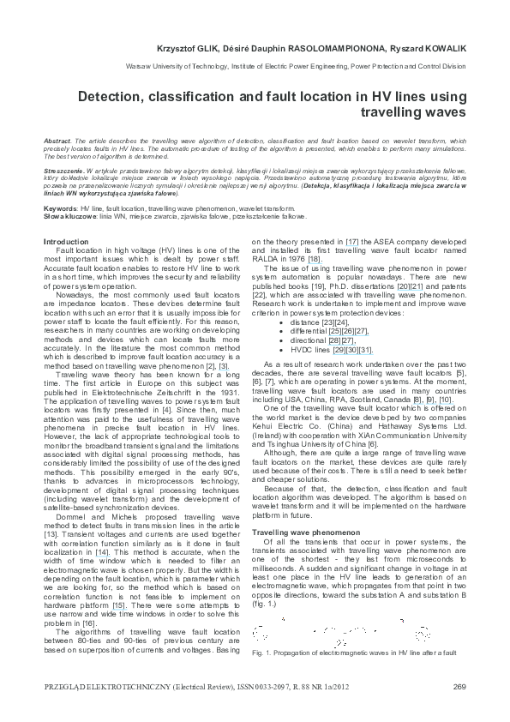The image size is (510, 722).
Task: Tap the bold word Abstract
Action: coord(56,139)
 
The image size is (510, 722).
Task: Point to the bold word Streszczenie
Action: coord(63,171)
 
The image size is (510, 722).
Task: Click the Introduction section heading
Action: coord(67,242)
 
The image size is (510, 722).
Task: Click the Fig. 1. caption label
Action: coord(261,653)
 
